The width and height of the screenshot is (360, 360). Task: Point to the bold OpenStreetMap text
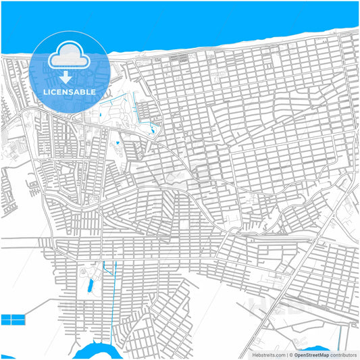[x=311, y=354]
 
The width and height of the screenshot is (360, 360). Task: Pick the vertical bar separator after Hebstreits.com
[x=287, y=354]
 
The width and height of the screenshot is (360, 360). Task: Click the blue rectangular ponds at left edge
[x=13, y=319]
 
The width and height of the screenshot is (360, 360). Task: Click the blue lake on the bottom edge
[x=95, y=352]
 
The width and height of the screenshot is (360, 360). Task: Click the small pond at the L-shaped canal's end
[x=153, y=129]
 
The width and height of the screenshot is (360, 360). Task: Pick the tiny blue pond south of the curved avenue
[x=118, y=143]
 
